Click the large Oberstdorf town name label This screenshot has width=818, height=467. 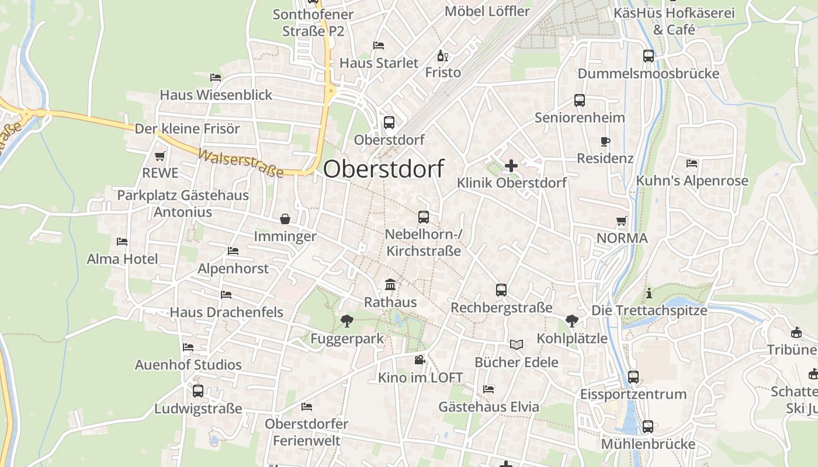pos(383,169)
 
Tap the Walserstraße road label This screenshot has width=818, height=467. pos(241,163)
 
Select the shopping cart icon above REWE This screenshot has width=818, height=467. pos(160,156)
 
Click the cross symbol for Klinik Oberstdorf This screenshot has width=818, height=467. pos(511,166)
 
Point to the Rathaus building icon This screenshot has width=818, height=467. pos(390,285)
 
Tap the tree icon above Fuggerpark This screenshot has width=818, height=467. pos(346,320)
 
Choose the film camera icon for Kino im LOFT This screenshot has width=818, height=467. pos(420,360)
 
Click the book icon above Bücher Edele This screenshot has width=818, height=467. pos(516,344)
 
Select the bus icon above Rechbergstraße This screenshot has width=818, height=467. pos(501,290)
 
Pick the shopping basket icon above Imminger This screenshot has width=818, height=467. pos(285,219)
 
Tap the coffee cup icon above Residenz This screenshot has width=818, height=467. pos(605,141)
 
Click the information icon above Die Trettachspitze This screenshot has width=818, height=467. pos(649,293)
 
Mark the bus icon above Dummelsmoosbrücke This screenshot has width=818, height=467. pos(648,56)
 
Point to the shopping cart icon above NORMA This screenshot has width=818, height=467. pos(621,221)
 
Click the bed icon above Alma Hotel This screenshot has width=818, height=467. pos(122,241)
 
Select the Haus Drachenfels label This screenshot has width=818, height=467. pos(227,312)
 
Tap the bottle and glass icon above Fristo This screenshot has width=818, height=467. pos(442,56)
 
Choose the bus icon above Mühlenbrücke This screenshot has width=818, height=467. pos(648,427)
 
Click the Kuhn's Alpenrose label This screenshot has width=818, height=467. pos(692,181)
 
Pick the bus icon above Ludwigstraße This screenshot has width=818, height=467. pos(198,391)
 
